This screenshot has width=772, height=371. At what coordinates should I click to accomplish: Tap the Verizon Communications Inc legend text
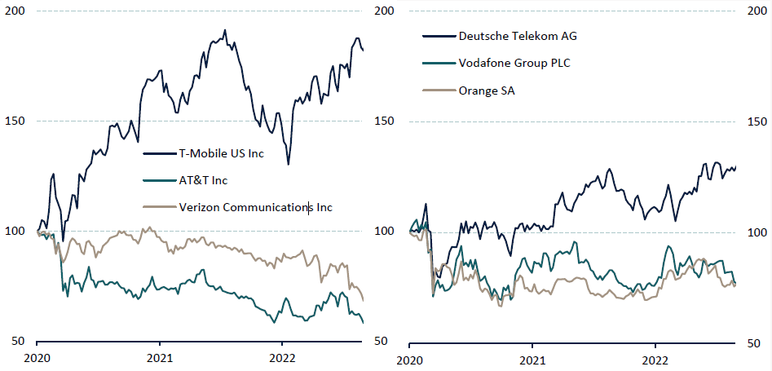[255, 207]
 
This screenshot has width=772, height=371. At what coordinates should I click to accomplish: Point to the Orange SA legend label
[487, 91]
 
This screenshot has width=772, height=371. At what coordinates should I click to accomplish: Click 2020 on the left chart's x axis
[37, 358]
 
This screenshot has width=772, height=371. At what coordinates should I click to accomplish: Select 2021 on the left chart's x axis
[159, 358]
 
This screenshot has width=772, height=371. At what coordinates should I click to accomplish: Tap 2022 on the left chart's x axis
[282, 358]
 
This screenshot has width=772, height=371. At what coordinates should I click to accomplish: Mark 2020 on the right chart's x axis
[410, 358]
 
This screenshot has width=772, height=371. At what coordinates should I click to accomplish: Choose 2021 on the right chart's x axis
[532, 358]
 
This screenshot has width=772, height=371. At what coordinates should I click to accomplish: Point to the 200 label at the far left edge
[15, 11]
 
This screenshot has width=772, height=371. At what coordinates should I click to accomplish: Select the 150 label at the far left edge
[15, 121]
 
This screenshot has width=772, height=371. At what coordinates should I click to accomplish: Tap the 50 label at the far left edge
[19, 341]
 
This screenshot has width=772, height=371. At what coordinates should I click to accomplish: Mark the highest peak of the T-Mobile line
[224, 30]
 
